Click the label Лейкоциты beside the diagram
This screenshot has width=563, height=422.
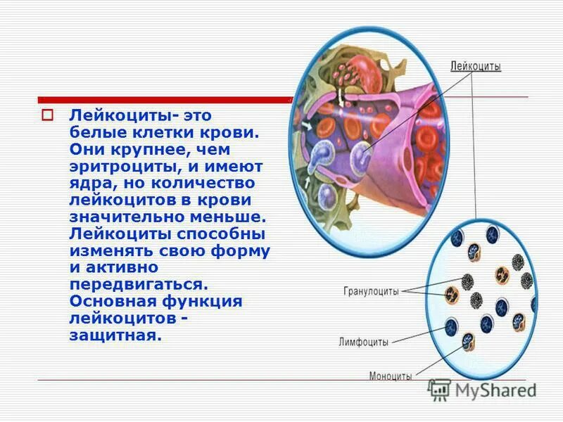click(476, 67)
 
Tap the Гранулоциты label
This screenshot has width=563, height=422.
click(372, 290)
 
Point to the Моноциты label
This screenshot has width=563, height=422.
click(391, 376)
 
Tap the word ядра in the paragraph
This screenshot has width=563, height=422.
click(89, 183)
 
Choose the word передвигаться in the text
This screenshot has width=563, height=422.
click(138, 284)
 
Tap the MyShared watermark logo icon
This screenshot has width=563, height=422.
click(440, 389)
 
